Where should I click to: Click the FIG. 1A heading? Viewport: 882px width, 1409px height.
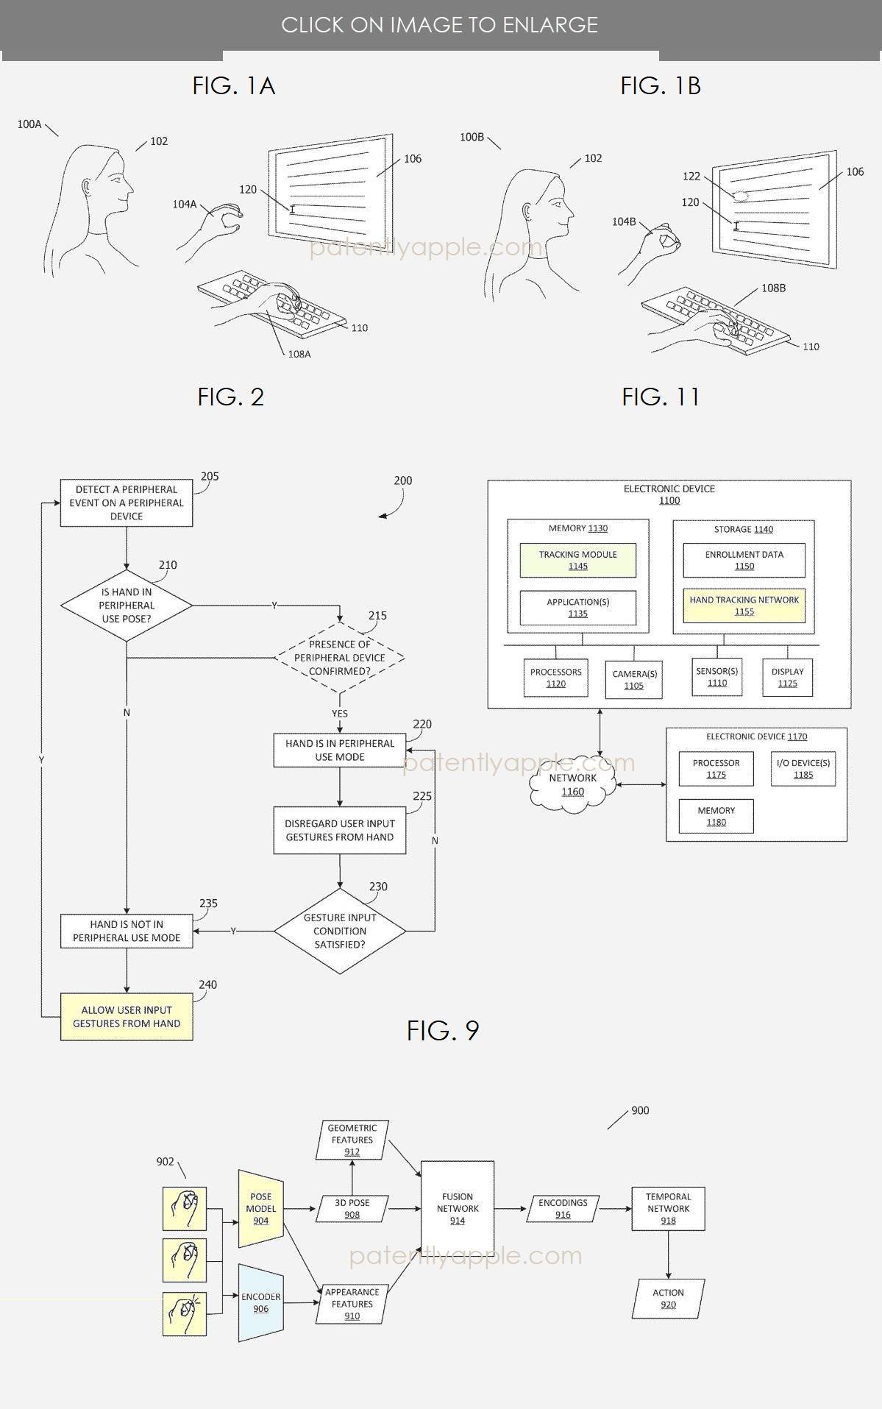click(x=233, y=86)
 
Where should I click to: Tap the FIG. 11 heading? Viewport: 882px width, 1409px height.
click(x=660, y=397)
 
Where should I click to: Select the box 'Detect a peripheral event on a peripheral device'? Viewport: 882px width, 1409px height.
click(x=127, y=503)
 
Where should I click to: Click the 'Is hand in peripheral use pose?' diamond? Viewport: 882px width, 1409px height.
click(x=127, y=606)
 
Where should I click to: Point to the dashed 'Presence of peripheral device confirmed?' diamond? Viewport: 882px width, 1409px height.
click(x=340, y=658)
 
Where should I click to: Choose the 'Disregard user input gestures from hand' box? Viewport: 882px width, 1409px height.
click(x=340, y=831)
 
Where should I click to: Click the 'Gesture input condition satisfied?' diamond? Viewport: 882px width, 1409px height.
click(x=340, y=931)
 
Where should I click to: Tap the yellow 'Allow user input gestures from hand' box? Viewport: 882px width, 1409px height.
click(x=127, y=1017)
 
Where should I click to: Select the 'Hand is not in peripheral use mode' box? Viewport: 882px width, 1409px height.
click(x=127, y=931)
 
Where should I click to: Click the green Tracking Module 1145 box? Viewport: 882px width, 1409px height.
click(x=577, y=560)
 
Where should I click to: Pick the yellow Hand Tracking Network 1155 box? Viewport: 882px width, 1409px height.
click(x=744, y=606)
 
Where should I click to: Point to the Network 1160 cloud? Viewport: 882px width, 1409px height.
click(x=572, y=784)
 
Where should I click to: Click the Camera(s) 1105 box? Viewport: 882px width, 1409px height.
click(x=634, y=679)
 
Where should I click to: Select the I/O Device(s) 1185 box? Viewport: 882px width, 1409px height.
click(x=803, y=769)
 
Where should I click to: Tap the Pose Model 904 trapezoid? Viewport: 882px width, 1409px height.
click(x=261, y=1208)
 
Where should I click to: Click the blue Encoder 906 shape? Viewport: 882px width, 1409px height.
click(x=261, y=1303)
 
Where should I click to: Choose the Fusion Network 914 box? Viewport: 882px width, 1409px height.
click(x=458, y=1208)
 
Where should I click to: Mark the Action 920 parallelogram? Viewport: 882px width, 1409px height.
click(x=668, y=1299)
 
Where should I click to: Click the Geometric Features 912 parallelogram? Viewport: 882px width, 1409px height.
click(x=352, y=1140)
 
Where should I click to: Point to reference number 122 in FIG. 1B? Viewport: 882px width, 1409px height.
click(x=691, y=177)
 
